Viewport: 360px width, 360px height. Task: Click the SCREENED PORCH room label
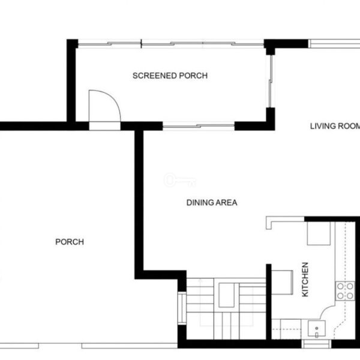(x=170, y=76)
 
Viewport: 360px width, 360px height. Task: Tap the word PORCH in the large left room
(x=70, y=242)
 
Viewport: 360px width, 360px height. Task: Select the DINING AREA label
(x=212, y=203)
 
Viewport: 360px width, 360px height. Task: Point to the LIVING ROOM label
(x=335, y=126)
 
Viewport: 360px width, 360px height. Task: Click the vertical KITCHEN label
(x=305, y=280)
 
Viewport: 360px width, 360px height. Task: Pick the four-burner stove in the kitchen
(x=345, y=291)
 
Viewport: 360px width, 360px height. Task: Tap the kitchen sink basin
(x=317, y=329)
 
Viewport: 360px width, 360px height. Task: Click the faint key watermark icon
(x=180, y=180)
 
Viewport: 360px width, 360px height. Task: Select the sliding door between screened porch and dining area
(x=199, y=126)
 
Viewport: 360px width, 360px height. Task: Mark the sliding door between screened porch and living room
(x=271, y=81)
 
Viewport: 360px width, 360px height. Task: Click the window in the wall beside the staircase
(x=182, y=308)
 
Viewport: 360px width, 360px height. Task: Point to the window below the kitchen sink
(x=316, y=344)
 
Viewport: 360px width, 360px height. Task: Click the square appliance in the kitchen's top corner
(x=319, y=233)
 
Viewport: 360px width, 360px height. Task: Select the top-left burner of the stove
(x=340, y=286)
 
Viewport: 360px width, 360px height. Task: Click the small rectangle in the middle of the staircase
(x=226, y=295)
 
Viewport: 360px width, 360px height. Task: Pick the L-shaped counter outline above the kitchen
(x=285, y=221)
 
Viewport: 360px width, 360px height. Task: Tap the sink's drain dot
(x=317, y=328)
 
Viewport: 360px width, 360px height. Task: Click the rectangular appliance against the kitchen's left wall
(x=282, y=283)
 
